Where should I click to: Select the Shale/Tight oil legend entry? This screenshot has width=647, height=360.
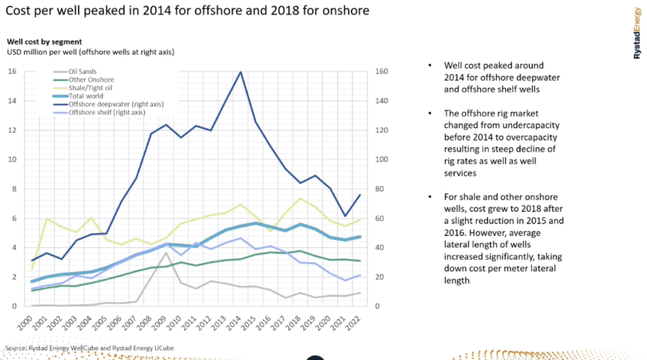click(93, 88)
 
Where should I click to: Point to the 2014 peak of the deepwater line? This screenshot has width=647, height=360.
click(241, 72)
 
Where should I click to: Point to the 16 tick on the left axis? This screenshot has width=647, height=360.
click(12, 72)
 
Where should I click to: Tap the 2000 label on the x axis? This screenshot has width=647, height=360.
click(29, 322)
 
